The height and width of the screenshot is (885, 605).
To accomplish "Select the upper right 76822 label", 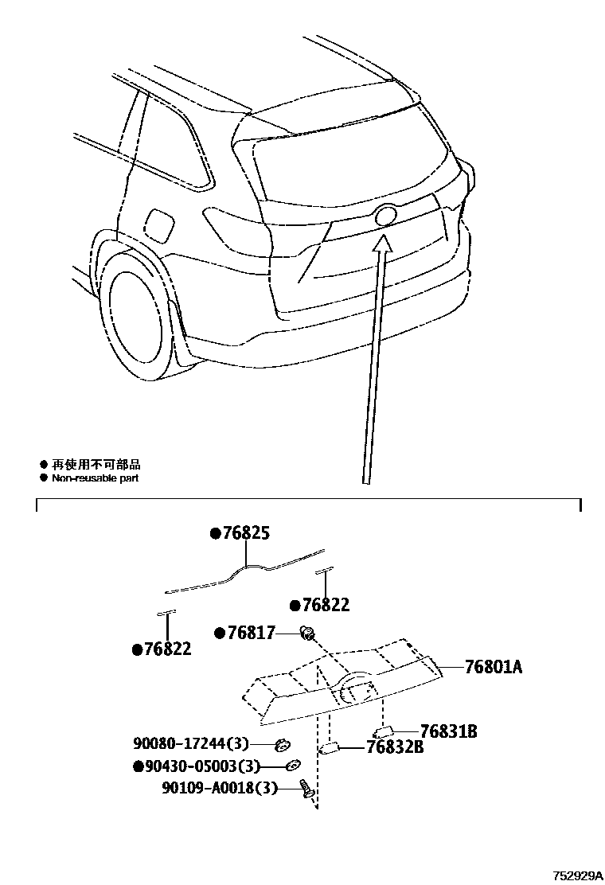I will tap(324, 606).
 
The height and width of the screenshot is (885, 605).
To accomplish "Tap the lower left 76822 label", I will tap(166, 649).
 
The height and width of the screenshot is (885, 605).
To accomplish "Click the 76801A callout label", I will tap(493, 667).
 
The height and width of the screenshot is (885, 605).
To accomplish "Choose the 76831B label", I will tap(448, 731).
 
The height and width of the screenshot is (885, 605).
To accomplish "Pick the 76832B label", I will tap(394, 747).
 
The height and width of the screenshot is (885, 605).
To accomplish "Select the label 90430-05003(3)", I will tap(197, 766).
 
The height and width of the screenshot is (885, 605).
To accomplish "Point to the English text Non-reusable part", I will tap(95, 478).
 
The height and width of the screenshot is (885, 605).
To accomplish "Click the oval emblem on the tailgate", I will tap(384, 216).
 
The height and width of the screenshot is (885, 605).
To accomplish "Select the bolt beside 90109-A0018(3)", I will tap(305, 789).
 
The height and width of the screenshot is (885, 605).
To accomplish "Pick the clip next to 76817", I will tap(306, 634).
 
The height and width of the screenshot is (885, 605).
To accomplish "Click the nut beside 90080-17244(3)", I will tap(281, 745).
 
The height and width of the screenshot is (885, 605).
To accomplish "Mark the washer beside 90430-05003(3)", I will tap(294, 766).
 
